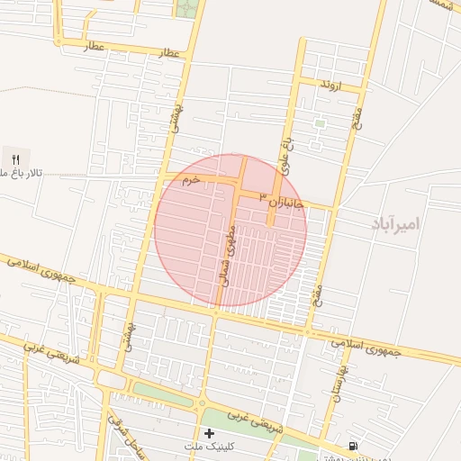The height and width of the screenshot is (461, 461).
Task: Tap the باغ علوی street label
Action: pyautogui.click(x=285, y=156)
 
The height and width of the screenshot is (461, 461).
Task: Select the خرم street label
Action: pyautogui.click(x=188, y=181)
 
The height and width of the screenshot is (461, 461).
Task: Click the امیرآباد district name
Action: pyautogui.click(x=395, y=222)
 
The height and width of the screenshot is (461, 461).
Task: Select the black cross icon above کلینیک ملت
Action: pyautogui.click(x=210, y=433)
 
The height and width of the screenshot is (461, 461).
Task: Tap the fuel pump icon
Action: pyautogui.click(x=351, y=445)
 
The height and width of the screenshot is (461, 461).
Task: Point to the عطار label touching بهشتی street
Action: pyautogui.click(x=170, y=54)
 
